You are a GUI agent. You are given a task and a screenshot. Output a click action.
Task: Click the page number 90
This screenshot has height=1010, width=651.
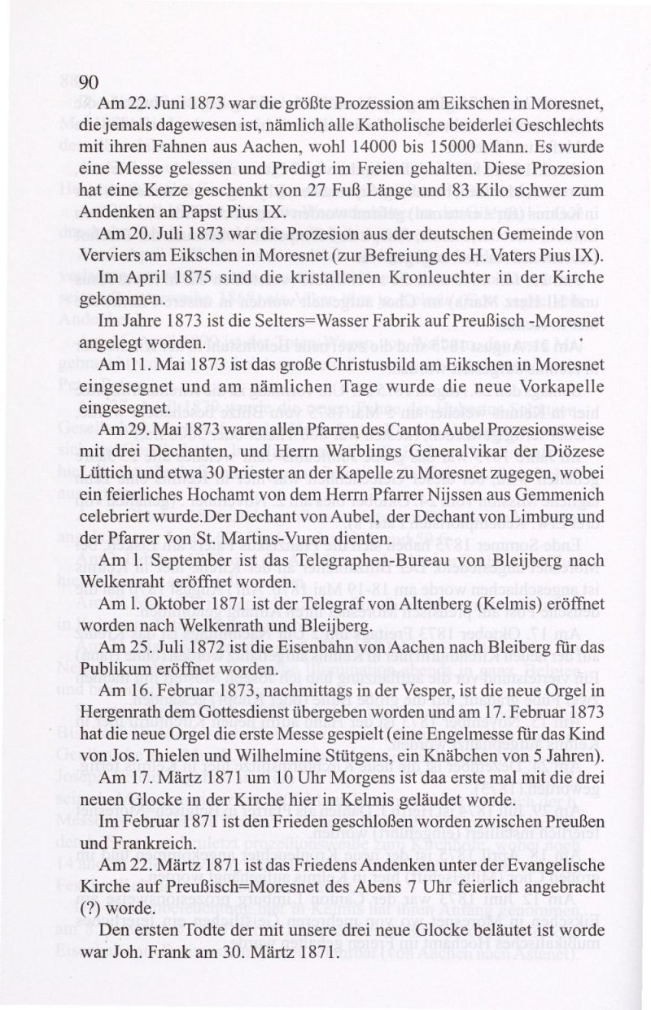89,81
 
